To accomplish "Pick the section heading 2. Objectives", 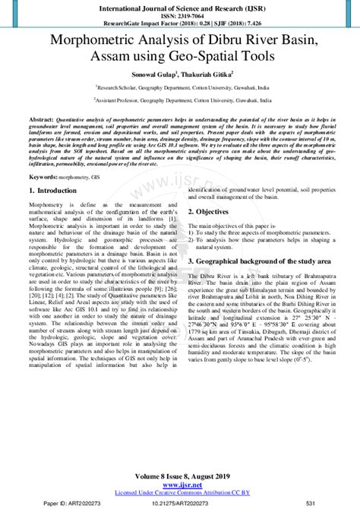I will point(214,211).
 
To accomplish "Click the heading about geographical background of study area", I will point(259,260).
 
